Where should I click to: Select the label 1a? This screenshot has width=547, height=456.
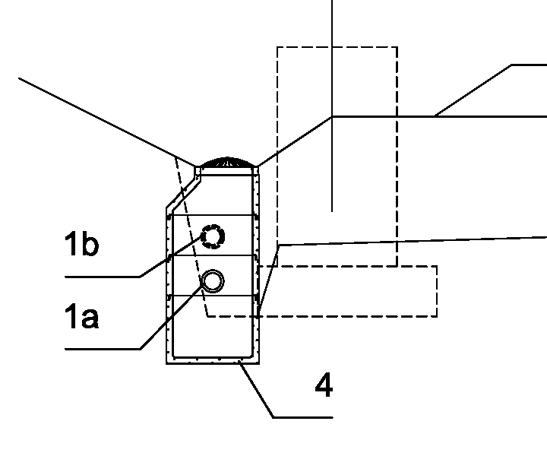pos(81,315)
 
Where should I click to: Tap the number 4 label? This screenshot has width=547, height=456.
pos(324,385)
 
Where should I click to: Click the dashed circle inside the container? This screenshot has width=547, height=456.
pos(213,236)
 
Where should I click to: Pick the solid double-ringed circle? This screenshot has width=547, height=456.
pos(213,281)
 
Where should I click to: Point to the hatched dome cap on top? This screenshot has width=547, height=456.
pos(227,163)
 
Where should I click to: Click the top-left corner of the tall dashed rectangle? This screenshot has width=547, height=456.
pos(277,47)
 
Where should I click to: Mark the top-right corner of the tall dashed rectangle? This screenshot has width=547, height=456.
pos(397,47)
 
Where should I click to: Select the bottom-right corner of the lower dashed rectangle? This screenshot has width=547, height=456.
pos(437,316)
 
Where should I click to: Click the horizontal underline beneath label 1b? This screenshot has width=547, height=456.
pos(103,277)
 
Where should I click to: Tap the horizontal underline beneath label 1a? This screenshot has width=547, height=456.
pos(103,349)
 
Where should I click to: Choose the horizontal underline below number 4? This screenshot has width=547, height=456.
pos(303,417)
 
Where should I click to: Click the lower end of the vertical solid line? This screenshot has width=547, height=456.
pos(332,211)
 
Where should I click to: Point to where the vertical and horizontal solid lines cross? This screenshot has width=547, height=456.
pos(332,116)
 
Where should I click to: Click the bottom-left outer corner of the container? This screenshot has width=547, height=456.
pos(166,364)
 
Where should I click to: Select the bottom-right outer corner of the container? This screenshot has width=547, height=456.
pos(259,364)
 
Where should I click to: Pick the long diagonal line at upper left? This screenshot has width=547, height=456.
pos(107,122)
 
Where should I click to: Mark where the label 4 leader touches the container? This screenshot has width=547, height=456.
pos(240,363)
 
